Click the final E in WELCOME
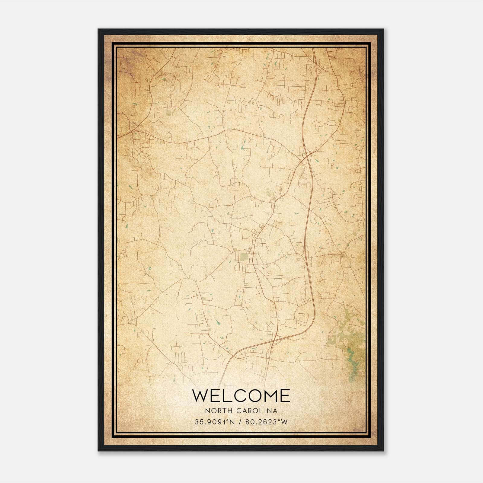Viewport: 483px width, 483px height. pyautogui.click(x=286, y=395)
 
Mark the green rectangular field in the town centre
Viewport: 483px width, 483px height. pyautogui.click(x=244, y=257)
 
